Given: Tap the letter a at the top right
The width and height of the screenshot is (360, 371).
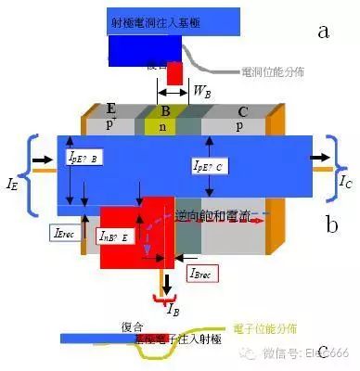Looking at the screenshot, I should click(x=324, y=32).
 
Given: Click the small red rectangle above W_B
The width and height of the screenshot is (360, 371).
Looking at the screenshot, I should click(x=174, y=75).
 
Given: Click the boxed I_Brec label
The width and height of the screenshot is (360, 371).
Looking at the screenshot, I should click(x=204, y=273).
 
